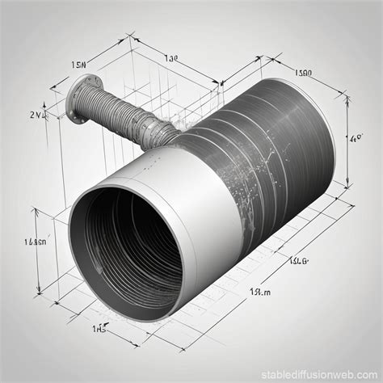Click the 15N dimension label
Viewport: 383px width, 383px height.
click(x=78, y=63)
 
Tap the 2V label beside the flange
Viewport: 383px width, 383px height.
click(x=36, y=116)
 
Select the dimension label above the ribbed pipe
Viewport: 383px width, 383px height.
click(x=171, y=57)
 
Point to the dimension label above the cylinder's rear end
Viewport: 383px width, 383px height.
click(x=303, y=73)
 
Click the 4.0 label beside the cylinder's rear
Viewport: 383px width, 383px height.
click(x=356, y=137)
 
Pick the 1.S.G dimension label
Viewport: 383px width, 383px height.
click(x=300, y=260)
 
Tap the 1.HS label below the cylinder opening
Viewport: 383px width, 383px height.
click(x=99, y=328)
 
